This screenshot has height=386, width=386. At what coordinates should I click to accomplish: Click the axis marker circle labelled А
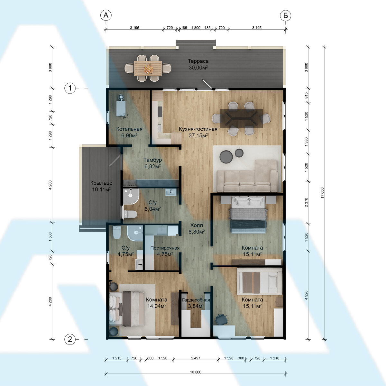[x=106, y=15]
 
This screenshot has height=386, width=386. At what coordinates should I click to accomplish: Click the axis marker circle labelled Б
[x=285, y=15]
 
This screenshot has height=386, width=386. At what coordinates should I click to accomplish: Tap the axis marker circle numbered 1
[x=70, y=88]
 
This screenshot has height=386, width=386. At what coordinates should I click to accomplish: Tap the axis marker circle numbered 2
[x=70, y=339]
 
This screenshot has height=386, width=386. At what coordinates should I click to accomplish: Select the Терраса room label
[x=198, y=61]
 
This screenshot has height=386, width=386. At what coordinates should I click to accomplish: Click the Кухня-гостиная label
[x=198, y=129]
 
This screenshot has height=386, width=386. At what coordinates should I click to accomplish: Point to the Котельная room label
[x=129, y=129]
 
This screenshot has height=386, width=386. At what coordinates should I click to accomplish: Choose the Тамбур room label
[x=153, y=160]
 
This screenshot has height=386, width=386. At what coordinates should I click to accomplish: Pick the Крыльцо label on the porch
[x=101, y=183]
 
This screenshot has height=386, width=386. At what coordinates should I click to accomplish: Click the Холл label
[x=197, y=225]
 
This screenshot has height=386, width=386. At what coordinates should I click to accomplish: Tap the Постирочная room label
[x=165, y=248]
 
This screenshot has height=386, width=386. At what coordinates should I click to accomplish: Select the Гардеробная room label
[x=196, y=300]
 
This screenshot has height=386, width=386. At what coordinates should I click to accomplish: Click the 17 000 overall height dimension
[x=323, y=193]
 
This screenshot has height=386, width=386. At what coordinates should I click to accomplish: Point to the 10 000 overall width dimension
[x=196, y=372]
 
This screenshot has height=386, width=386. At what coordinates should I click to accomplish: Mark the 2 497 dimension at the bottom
[x=196, y=358]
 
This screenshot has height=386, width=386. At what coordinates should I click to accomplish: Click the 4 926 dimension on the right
[x=306, y=295]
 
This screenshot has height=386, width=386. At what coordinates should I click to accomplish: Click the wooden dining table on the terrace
[x=148, y=68]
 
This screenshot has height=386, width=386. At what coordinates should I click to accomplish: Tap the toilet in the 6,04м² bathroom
[x=130, y=214]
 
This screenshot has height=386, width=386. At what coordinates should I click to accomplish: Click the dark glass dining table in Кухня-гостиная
[x=241, y=118]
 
